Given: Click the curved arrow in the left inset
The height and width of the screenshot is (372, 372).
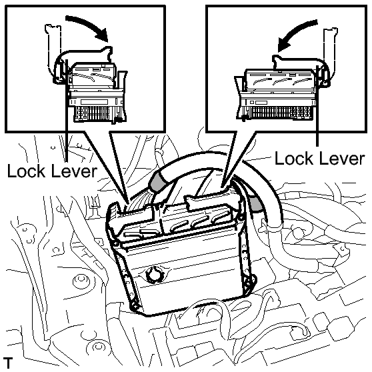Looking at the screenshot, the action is tap(89, 24).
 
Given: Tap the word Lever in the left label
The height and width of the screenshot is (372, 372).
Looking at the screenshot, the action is tap(74, 171).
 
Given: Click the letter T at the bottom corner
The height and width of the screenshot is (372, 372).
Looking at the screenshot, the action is tap(8, 363).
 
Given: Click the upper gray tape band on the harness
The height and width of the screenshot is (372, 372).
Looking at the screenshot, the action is tap(157, 181).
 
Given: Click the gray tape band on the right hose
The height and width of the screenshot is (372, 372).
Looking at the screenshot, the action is tap(256, 204).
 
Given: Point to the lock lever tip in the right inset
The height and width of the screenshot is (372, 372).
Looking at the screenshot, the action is tap(276, 57).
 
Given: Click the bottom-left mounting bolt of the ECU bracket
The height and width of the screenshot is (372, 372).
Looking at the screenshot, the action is tap(135, 305).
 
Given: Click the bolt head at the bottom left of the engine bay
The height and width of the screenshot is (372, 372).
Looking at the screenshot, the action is tap(97, 347).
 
